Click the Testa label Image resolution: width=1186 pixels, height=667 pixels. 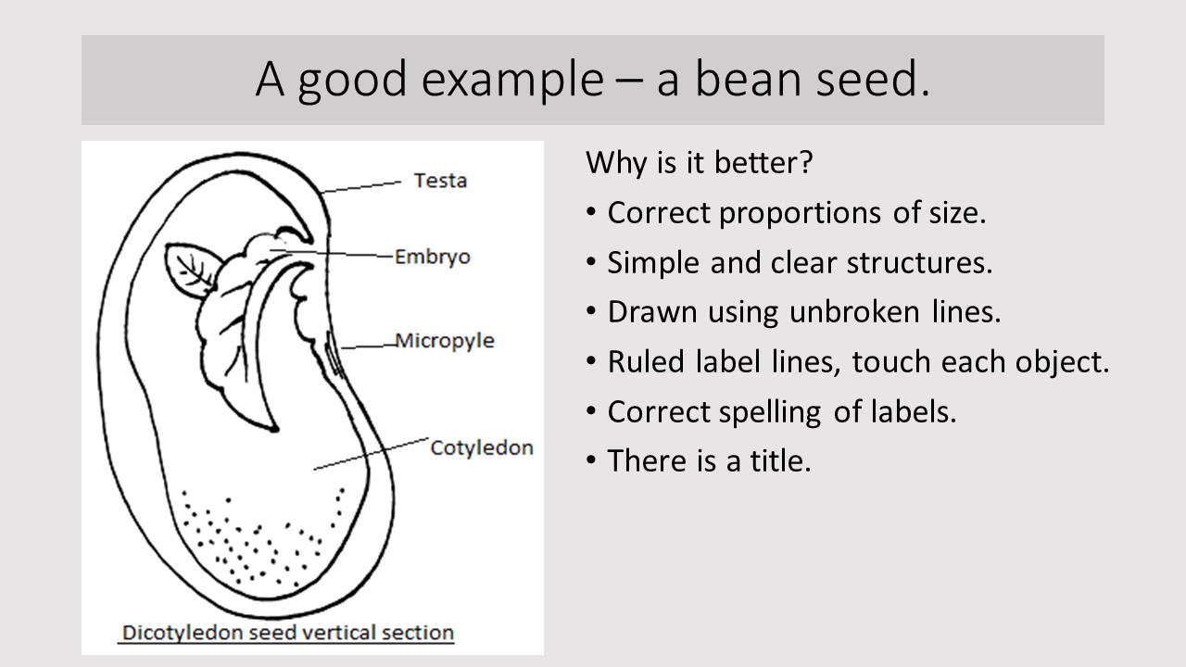[x=440, y=181]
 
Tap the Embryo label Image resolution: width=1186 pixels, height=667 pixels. [x=433, y=258]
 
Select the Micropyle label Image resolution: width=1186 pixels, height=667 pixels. [x=445, y=341]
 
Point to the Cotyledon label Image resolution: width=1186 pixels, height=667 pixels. [x=482, y=447]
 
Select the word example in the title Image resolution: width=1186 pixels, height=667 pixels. [x=512, y=81]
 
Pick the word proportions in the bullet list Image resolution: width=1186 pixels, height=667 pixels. [x=800, y=214]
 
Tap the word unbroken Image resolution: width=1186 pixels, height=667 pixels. [x=854, y=312]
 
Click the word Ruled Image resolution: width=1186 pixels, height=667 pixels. [x=646, y=362]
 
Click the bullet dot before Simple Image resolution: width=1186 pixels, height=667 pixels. [x=591, y=262]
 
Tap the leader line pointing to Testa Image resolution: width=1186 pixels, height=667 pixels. [x=361, y=187]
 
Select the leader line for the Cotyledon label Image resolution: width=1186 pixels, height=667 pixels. [x=372, y=454]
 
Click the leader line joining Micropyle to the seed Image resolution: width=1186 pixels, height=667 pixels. [x=369, y=346]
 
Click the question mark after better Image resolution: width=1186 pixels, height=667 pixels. [x=805, y=162]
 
